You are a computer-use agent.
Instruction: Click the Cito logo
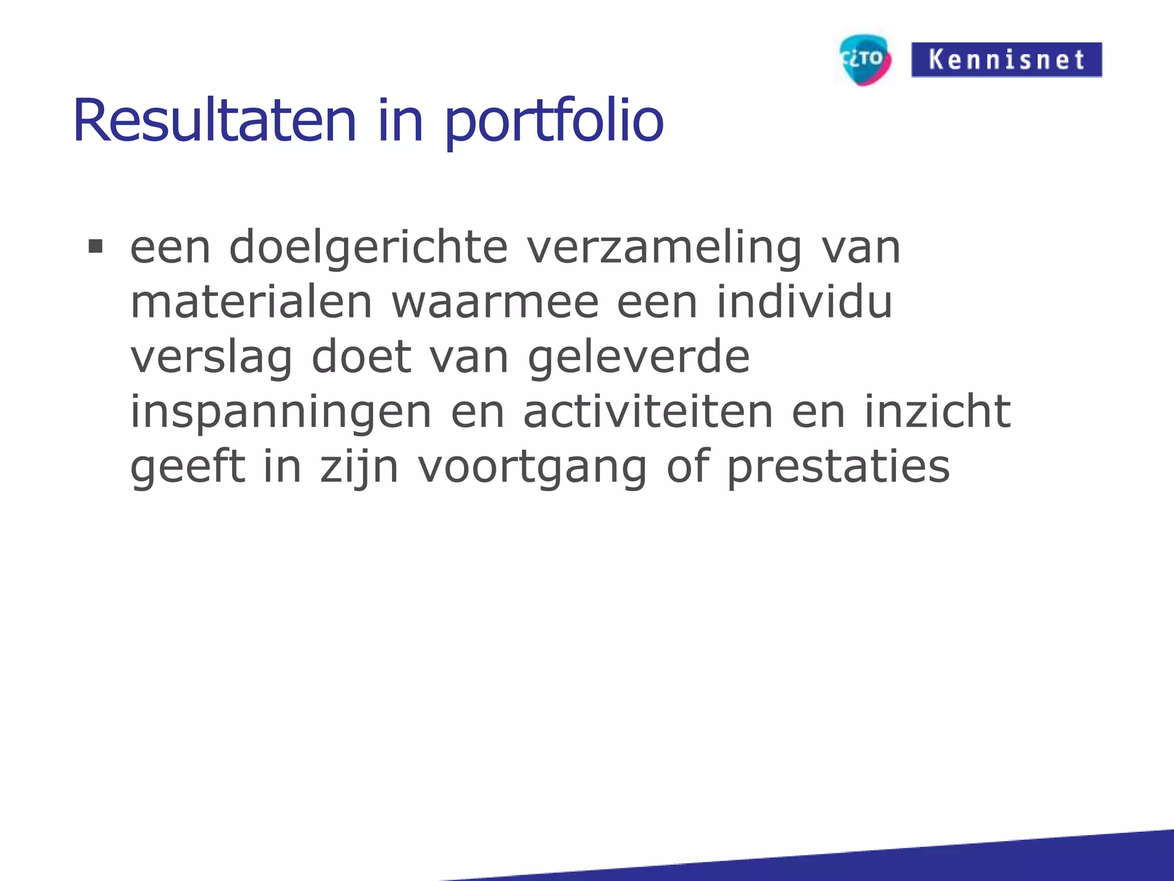(864, 60)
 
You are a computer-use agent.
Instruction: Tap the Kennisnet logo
(1006, 60)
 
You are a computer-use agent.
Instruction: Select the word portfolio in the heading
(554, 122)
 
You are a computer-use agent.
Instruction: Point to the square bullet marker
(95, 247)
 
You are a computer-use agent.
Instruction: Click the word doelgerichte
(368, 248)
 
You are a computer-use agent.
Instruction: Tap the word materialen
(251, 302)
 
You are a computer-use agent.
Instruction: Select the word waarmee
(495, 302)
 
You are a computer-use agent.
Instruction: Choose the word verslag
(212, 357)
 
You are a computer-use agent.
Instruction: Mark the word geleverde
(639, 357)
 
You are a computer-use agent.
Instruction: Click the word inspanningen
(281, 412)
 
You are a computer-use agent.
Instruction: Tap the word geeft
(188, 466)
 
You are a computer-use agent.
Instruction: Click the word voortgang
(533, 467)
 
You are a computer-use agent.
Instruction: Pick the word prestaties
(839, 467)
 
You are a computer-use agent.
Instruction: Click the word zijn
(359, 467)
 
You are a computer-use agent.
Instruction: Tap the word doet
(361, 357)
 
